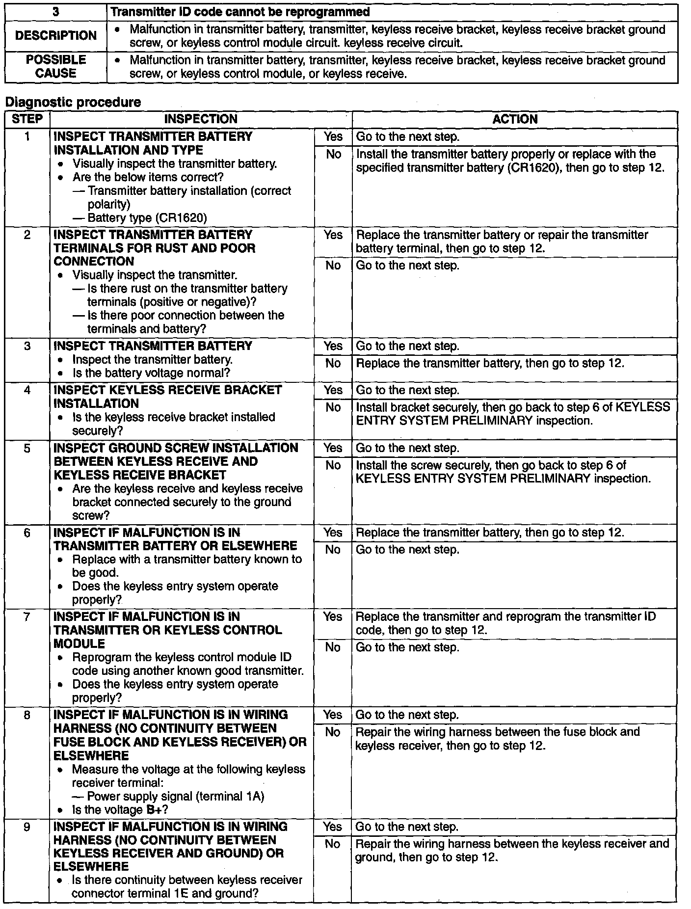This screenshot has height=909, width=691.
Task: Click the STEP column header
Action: pos(27,119)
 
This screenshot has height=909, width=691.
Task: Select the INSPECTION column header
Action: pos(200,119)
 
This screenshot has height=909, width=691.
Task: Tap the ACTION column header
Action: pos(515,119)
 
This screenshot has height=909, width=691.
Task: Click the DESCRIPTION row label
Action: pos(55,36)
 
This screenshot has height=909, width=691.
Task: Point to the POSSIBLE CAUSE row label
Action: pos(55,67)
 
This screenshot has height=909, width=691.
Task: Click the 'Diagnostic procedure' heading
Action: pos(73,102)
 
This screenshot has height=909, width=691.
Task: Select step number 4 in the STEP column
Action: pos(27,390)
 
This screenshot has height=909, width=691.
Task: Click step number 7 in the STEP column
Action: pos(27,617)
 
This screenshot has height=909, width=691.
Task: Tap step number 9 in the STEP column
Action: pos(27,827)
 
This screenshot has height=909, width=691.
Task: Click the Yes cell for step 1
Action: pos(333,137)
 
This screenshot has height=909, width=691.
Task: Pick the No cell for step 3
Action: pos(333,363)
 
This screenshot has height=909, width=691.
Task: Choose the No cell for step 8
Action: pos(333,732)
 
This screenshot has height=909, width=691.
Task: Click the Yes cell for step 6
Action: pos(333,533)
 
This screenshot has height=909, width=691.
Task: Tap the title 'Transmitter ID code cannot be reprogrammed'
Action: pos(240,12)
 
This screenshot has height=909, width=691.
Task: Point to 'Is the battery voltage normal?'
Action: pos(151,373)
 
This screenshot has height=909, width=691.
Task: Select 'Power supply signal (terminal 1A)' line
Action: pos(175,796)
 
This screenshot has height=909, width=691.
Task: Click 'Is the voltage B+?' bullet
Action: pos(120,810)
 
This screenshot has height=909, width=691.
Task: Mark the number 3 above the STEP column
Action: pos(55,12)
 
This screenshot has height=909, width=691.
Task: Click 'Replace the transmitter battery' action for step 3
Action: pos(490,364)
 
